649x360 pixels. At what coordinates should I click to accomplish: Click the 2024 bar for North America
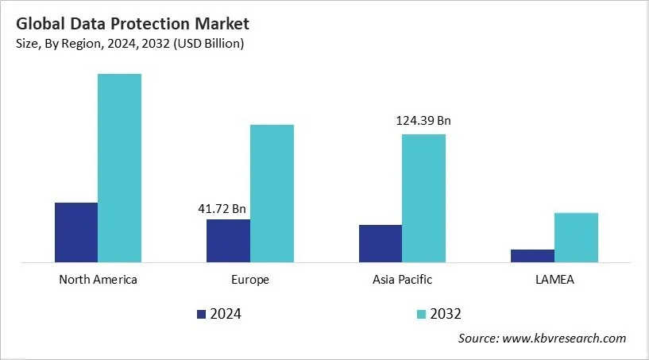75,232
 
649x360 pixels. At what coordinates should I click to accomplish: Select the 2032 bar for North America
119,168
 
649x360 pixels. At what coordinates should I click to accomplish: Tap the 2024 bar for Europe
228,240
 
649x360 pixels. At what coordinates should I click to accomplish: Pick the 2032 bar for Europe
272,193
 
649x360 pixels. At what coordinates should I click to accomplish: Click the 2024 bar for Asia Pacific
380,243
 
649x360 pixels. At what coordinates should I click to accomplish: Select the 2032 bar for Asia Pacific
423,198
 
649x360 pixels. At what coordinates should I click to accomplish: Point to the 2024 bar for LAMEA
532,255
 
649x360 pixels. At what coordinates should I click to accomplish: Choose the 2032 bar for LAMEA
576,237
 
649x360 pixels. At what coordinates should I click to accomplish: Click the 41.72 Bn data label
222,209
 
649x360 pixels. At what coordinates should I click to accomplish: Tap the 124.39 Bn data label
423,122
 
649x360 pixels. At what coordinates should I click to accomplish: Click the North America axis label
98,280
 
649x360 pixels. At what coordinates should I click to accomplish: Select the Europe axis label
250,280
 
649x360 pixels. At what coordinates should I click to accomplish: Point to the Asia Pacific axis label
402,280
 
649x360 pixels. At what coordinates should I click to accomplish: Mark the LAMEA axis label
554,280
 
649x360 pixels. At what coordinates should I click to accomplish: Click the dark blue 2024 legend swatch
201,314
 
